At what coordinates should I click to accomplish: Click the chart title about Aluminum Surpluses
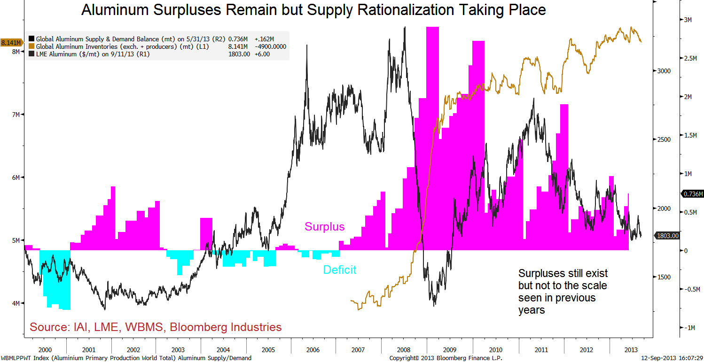point(313,10)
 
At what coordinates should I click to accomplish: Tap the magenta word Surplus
point(324,227)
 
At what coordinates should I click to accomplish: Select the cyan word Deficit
point(339,270)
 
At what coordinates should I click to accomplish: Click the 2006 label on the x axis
point(313,350)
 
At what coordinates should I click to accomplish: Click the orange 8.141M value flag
point(10,43)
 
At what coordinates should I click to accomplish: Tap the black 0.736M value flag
point(692,194)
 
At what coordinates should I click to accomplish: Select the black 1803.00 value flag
point(667,236)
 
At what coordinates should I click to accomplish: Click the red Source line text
point(156,327)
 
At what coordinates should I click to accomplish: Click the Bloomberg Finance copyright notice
point(446,358)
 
